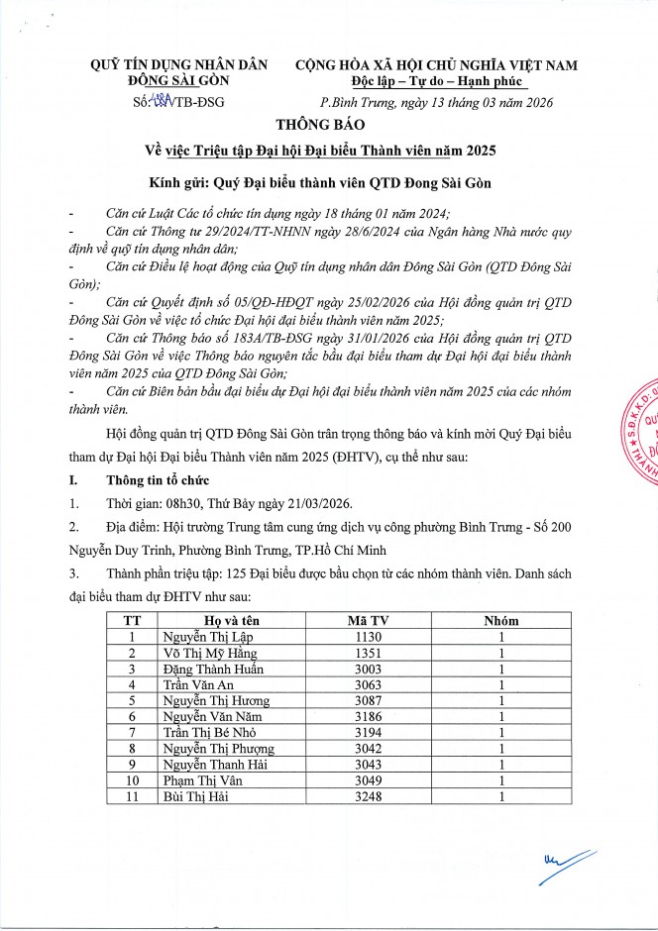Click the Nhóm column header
pyautogui.click(x=501, y=621)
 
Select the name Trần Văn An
pyautogui.click(x=197, y=684)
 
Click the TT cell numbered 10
pyautogui.click(x=131, y=779)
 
